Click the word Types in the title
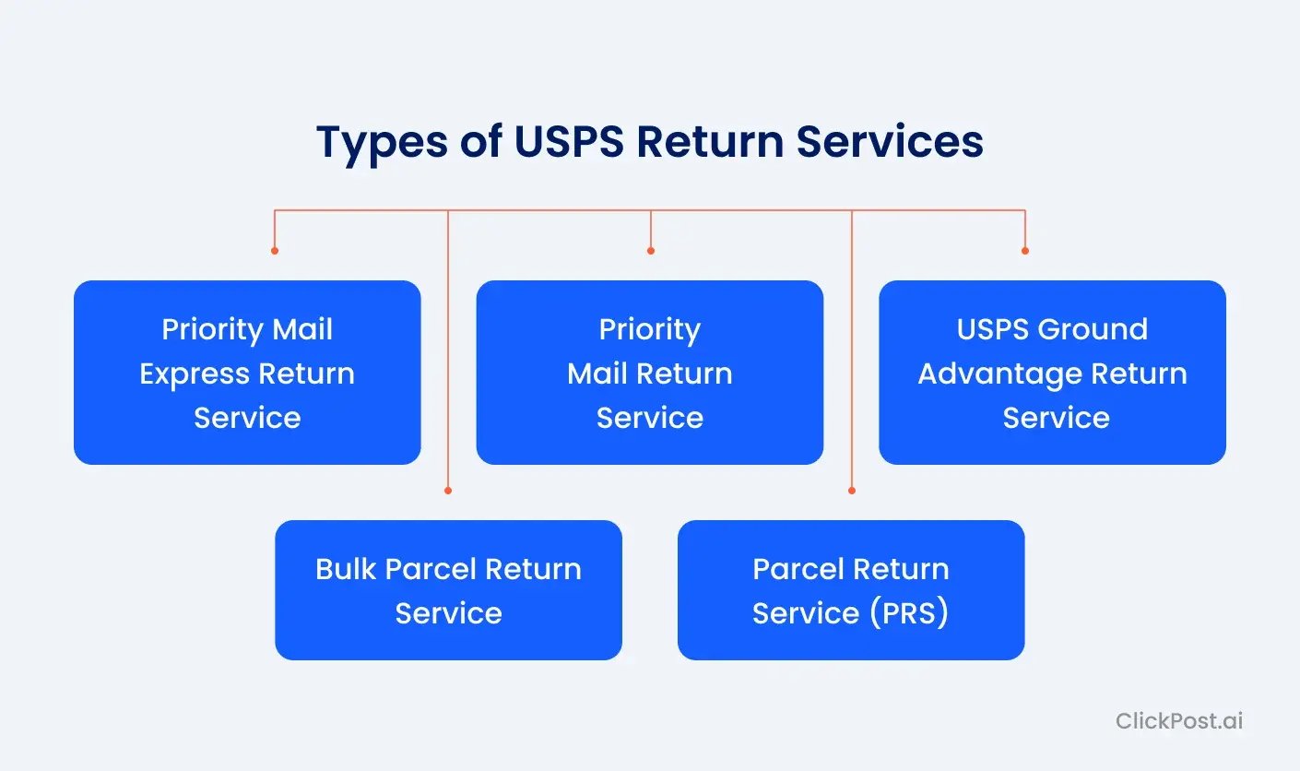384,143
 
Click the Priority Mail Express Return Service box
247,373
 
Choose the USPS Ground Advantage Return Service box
1052,373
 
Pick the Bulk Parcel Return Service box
448,590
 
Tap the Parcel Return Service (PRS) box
850,590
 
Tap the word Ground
1102,330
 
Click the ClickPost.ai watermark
1178,720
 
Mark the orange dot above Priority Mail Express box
275,250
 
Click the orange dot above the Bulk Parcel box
448,491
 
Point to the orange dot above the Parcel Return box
851,491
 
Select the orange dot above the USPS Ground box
1024,250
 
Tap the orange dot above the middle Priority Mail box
650,250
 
